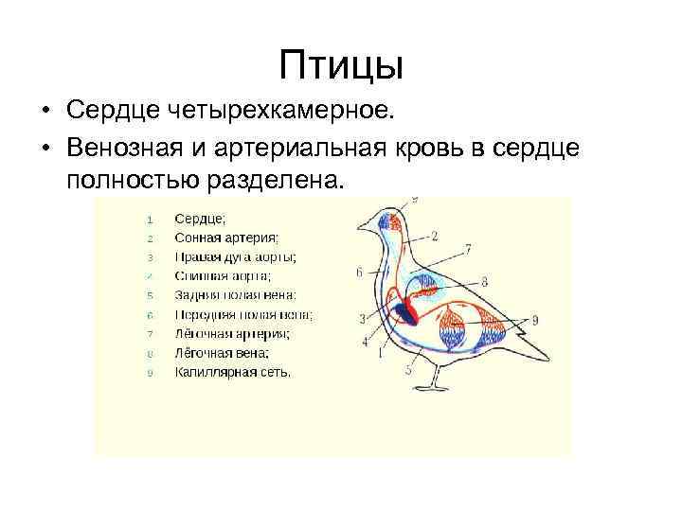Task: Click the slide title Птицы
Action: click(341, 65)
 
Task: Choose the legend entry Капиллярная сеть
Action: click(233, 372)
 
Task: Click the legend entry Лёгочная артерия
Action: click(232, 333)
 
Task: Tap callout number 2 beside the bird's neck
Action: click(433, 235)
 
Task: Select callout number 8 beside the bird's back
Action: click(484, 281)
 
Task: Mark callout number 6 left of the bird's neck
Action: click(360, 273)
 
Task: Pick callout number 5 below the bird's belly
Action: click(408, 370)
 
